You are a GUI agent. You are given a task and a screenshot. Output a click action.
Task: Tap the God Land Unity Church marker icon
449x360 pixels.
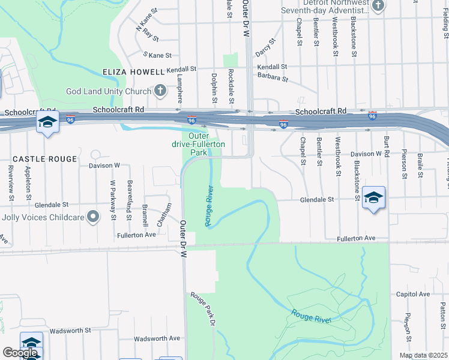click(x=160, y=91)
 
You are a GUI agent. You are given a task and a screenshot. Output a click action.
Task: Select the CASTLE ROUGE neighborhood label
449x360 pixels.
click(x=45, y=159)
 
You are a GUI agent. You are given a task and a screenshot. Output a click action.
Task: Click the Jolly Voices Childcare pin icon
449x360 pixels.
click(x=92, y=217)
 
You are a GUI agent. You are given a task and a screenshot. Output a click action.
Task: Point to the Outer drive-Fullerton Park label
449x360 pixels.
click(x=199, y=144)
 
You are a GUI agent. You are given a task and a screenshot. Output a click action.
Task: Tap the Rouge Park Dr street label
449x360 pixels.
click(x=203, y=309)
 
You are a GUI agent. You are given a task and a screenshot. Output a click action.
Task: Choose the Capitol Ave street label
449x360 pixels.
click(x=412, y=295)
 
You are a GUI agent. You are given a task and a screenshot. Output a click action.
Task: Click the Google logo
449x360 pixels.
click(x=20, y=353)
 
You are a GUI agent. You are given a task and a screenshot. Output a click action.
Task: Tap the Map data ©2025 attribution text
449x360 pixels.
click(x=423, y=355)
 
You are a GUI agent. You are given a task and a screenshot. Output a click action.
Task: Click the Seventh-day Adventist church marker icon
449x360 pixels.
click(x=378, y=7)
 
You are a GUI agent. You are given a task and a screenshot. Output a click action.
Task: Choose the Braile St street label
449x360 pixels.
click(x=421, y=161)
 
